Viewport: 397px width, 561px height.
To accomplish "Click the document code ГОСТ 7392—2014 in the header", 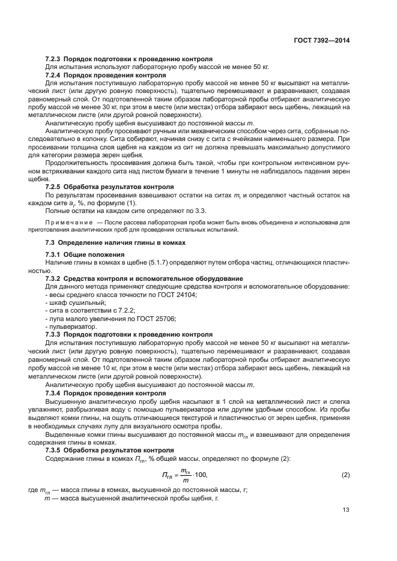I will click(323, 40).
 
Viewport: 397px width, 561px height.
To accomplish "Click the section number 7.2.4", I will click(55, 76).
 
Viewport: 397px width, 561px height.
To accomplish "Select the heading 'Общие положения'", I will click(95, 254).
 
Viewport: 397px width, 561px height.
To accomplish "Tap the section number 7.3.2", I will click(55, 278).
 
